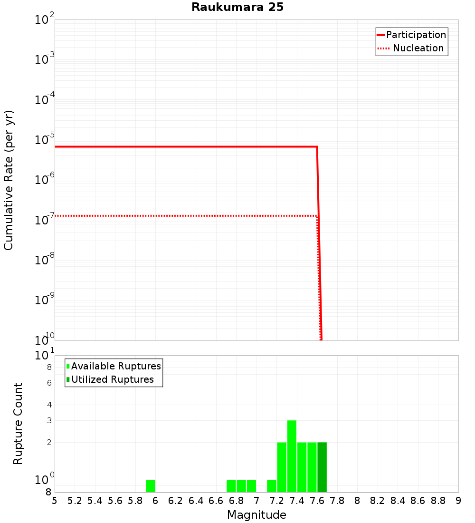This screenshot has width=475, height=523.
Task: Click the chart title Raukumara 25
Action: (237, 8)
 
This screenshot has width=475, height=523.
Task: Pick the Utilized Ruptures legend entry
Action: (112, 379)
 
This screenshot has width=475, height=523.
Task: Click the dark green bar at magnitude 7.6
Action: (322, 467)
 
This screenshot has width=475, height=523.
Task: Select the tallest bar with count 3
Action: (292, 456)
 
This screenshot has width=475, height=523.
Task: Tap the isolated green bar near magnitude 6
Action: (151, 486)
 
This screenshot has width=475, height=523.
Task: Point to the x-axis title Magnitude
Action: (256, 514)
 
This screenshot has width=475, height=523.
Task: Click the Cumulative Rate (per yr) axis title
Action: (9, 180)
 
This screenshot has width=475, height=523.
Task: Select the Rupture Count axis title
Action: (18, 424)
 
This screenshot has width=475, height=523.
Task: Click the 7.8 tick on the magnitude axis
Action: (337, 501)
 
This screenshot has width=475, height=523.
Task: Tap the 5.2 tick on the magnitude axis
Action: (75, 501)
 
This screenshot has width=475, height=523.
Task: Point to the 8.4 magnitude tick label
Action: (398, 501)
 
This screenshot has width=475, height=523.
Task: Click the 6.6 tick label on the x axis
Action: (216, 501)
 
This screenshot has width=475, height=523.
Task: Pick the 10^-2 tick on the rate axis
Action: (44, 20)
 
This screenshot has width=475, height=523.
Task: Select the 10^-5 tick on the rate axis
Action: (44, 140)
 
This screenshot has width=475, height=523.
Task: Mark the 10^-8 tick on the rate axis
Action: (44, 260)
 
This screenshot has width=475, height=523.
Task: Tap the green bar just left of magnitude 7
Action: (251, 486)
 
